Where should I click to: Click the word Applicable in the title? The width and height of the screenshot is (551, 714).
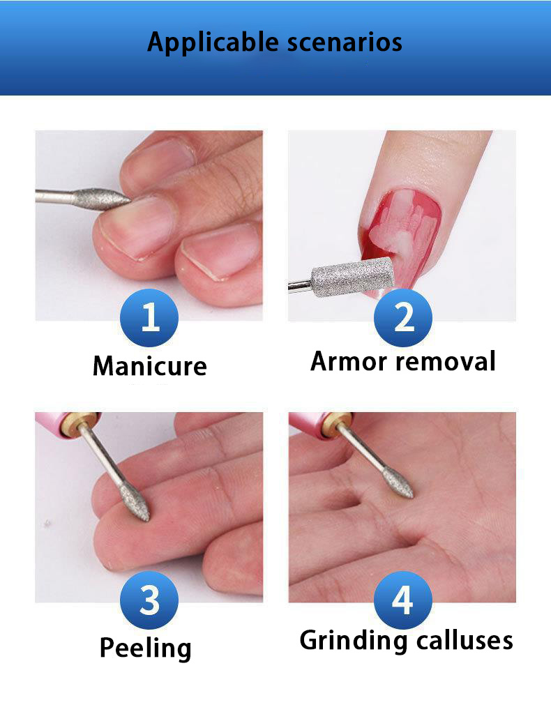coord(213,43)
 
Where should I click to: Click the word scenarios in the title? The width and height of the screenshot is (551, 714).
coord(345,43)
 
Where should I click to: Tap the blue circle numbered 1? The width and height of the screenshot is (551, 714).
coord(149,317)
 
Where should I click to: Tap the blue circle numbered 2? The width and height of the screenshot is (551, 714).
coord(403,317)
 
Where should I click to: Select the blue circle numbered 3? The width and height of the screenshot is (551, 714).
coord(149,600)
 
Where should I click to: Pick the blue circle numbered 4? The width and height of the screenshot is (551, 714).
coord(403,600)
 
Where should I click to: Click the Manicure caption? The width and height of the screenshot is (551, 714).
coord(150,365)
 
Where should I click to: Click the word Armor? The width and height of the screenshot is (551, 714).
coord(349,362)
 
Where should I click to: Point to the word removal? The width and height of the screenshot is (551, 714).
coord(445,362)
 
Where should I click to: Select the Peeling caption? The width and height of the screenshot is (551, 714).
coord(145,648)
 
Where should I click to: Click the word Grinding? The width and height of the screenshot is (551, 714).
coord(354,641)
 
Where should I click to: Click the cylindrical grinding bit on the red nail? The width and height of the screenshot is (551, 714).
coord(352,276)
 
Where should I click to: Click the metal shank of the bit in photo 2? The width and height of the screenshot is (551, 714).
coord(300,285)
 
